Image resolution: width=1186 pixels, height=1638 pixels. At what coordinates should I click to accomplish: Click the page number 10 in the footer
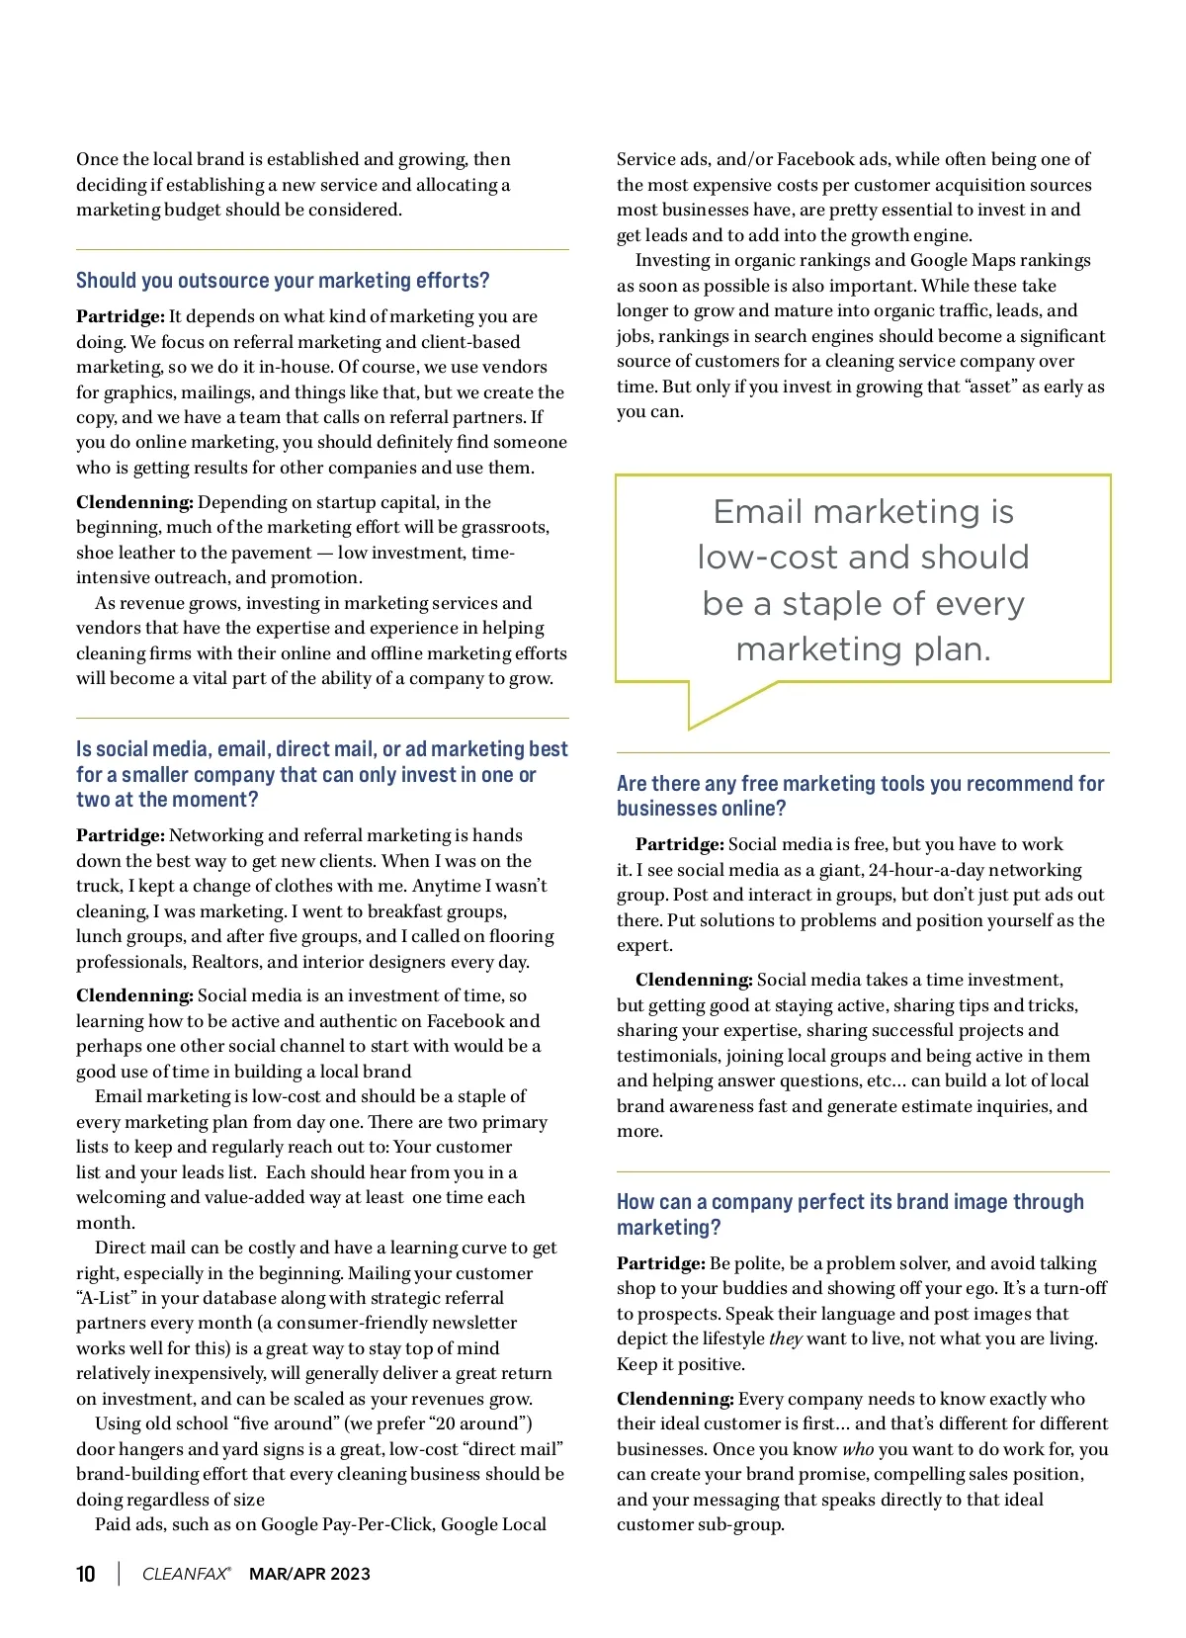coord(86,1574)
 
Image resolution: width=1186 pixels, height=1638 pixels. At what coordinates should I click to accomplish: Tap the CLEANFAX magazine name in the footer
coord(186,1574)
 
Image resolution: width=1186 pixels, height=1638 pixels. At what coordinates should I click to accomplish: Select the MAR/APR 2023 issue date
coord(309,1574)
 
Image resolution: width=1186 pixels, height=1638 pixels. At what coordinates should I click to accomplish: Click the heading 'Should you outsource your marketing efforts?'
coord(283,281)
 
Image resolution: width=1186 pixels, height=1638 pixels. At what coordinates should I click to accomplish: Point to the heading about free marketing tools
coord(860,796)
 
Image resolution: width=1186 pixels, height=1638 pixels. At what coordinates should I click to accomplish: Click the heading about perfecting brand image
coord(850,1214)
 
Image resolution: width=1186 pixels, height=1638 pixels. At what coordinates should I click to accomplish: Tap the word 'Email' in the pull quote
coord(757,512)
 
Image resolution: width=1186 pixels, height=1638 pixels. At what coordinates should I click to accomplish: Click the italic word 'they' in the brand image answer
coord(785,1338)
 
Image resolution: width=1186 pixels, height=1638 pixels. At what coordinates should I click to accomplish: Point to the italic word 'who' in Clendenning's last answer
coord(857,1449)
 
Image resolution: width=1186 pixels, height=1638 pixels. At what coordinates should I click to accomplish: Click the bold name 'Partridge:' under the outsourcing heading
coord(120,316)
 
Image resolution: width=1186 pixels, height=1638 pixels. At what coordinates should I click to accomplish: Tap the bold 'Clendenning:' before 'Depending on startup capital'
coord(134,502)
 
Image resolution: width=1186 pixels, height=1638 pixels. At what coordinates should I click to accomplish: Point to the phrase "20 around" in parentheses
coord(481,1423)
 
